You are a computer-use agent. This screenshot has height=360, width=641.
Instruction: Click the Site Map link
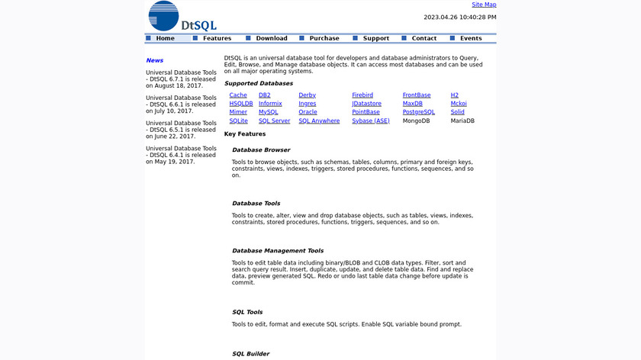coord(484,5)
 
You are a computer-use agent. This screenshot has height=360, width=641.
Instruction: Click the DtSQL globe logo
coord(163,16)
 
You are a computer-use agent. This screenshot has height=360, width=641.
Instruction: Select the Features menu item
coord(217,38)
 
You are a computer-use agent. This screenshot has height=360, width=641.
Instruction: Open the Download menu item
coord(272,38)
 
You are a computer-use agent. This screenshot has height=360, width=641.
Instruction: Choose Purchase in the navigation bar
coord(324,38)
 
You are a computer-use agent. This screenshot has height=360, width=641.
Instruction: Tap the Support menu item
coord(376,38)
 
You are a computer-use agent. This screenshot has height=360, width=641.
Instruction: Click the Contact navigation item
coord(424,38)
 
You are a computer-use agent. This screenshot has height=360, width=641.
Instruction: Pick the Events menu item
coord(471,38)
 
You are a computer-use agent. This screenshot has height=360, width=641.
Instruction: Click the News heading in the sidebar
coord(155,60)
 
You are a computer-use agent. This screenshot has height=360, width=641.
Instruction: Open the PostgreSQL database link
coord(419,112)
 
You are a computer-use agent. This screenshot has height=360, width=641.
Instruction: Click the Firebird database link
coord(362,95)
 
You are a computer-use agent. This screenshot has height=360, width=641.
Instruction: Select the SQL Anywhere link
coord(319,121)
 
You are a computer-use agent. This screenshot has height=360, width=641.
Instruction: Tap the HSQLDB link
coord(241,104)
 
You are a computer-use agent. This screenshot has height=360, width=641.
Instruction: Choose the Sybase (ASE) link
coord(371,121)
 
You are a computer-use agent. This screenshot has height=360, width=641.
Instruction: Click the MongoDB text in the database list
coord(417,121)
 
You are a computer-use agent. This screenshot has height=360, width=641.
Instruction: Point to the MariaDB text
coord(462,121)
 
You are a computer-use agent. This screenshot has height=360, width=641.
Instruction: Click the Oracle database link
coord(308,112)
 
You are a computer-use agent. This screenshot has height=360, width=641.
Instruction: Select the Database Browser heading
coord(261,149)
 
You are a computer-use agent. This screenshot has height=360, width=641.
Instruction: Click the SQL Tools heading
coord(247,312)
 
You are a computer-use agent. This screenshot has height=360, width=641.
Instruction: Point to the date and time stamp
coord(460,17)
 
